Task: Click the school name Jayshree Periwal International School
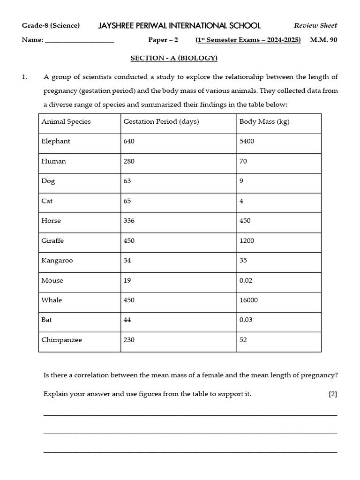[x=179, y=25]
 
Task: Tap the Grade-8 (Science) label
[x=51, y=25]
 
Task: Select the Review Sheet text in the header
[x=315, y=25]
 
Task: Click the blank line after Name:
[x=79, y=40]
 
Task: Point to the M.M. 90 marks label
[x=323, y=40]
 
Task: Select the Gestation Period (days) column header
[x=161, y=121]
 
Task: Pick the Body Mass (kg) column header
[x=264, y=121]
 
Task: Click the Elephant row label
[x=56, y=141]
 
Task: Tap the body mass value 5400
[x=247, y=141]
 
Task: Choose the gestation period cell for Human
[x=129, y=161]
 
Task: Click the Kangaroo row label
[x=57, y=261]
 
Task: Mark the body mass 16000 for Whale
[x=248, y=300]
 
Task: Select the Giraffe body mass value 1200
[x=247, y=240]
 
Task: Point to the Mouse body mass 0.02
[x=246, y=280]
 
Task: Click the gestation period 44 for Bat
[x=127, y=320]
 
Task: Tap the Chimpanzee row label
[x=61, y=340]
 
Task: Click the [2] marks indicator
[x=333, y=394]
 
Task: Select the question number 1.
[x=24, y=77]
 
